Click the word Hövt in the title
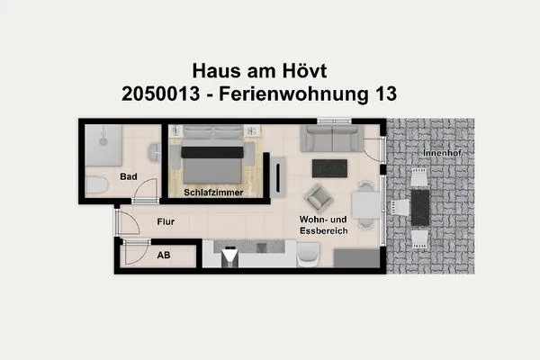(301, 69)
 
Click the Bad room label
(129, 176)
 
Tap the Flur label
(164, 221)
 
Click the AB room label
(163, 255)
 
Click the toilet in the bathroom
(96, 186)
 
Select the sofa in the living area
(331, 138)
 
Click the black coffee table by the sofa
(328, 167)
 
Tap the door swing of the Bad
(147, 190)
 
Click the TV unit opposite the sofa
(279, 175)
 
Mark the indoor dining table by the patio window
(366, 206)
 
